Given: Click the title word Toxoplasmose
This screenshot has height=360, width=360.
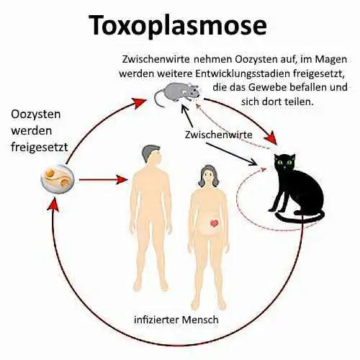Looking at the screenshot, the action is click(179, 26).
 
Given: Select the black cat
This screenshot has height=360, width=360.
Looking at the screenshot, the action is click(297, 188).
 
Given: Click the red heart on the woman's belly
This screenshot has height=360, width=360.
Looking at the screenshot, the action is click(214, 223).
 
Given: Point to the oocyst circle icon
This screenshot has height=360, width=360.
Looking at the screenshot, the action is click(58, 179).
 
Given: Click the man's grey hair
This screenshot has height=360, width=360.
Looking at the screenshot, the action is click(149, 153).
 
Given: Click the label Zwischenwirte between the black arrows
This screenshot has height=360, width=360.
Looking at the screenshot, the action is click(218, 135).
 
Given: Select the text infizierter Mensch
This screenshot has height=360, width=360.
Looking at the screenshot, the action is click(176, 320).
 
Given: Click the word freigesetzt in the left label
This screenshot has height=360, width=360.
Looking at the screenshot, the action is click(40, 147).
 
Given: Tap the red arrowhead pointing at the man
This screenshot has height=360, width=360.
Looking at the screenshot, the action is click(122, 179).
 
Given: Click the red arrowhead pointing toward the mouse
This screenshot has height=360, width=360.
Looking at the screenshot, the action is click(140, 103).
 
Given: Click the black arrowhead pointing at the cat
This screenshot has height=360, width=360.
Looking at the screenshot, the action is click(253, 162).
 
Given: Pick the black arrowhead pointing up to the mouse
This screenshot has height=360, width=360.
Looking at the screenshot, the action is click(184, 109).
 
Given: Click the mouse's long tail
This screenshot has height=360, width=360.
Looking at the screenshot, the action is click(159, 99).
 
